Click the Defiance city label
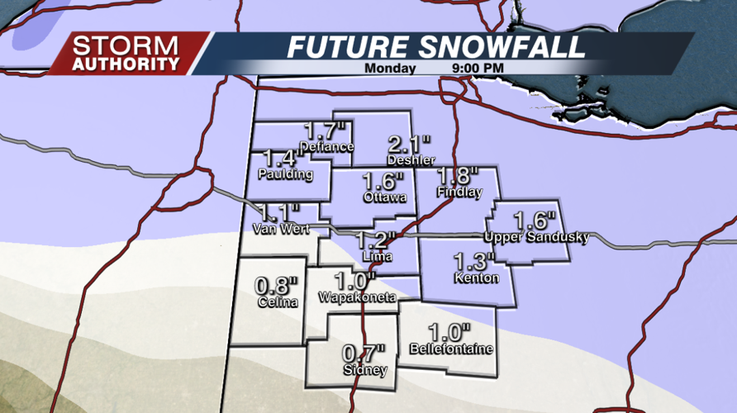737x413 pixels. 327,147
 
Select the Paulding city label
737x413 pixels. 285,174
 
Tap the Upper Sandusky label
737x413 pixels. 536,238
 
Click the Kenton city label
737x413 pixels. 477,278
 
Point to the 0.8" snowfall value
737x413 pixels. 275,286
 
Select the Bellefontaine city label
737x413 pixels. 451,349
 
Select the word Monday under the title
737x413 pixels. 390,69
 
